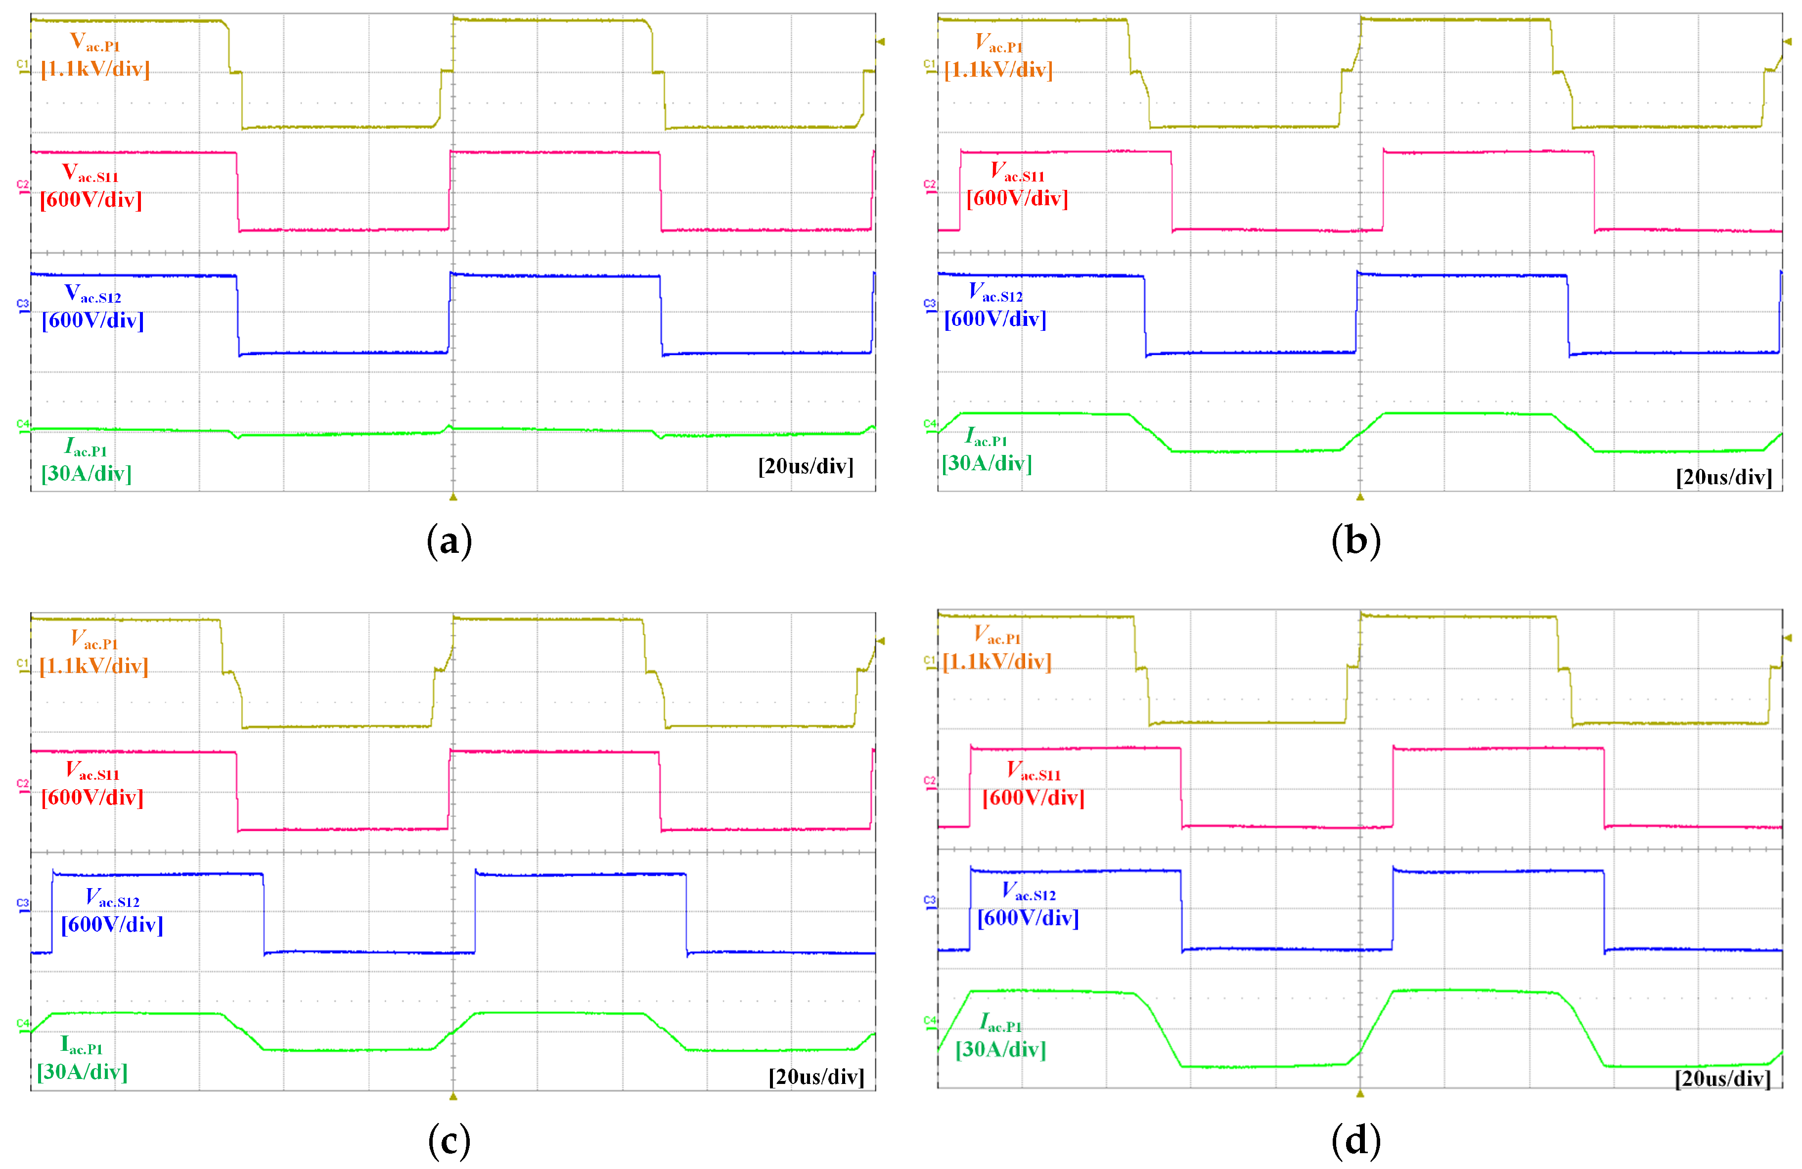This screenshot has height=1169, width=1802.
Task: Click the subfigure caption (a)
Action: [449, 542]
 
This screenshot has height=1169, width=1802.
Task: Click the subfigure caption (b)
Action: [1355, 542]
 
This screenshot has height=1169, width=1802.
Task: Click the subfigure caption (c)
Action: [449, 1140]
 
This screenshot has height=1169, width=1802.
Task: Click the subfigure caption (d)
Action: [1355, 1140]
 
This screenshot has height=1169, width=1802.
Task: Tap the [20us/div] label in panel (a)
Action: [806, 466]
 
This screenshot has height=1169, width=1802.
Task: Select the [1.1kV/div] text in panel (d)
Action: [996, 662]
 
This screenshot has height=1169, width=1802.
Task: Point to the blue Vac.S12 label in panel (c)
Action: [112, 898]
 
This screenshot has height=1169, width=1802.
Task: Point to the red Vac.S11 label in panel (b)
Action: [1017, 172]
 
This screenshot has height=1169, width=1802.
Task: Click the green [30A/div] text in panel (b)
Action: [987, 462]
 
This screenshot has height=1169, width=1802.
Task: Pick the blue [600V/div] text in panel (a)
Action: [92, 320]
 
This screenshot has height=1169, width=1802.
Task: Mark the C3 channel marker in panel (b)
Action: [929, 304]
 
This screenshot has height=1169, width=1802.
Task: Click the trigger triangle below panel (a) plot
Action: [453, 497]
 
